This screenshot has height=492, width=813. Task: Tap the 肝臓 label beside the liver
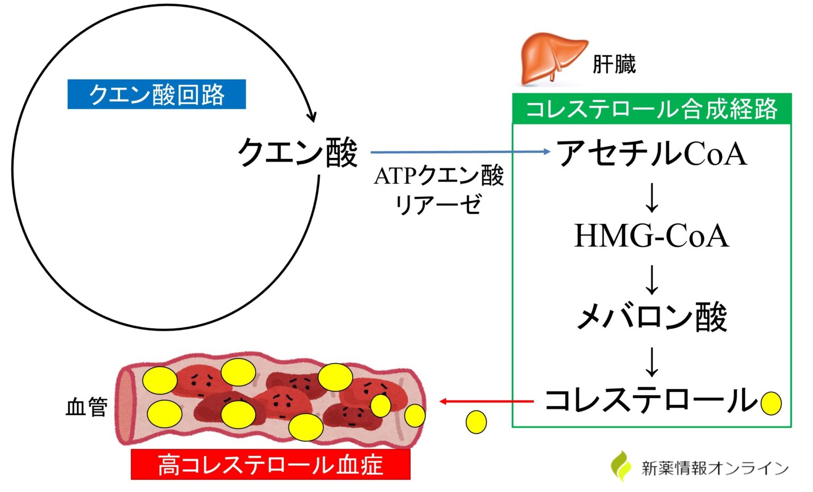(614, 65)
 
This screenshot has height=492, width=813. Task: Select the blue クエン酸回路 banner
(157, 94)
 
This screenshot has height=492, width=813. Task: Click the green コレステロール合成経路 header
(652, 109)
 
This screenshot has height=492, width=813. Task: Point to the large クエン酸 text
(297, 153)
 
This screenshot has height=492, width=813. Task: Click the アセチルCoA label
(652, 154)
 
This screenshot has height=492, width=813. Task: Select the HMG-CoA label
(652, 236)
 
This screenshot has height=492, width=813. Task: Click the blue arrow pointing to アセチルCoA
(460, 152)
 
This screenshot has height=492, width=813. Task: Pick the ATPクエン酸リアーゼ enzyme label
(439, 190)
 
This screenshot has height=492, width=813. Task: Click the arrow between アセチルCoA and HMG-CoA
(652, 198)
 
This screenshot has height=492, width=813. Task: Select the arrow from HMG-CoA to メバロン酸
(652, 280)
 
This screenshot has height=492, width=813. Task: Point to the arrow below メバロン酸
(652, 362)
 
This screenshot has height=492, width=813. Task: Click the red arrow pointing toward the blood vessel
(487, 401)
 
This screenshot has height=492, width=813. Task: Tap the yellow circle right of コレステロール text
(771, 404)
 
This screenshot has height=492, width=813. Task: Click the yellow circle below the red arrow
(476, 422)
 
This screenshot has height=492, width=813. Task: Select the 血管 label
(86, 407)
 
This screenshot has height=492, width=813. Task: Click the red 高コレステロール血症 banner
(270, 465)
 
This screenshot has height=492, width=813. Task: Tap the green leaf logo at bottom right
(621, 466)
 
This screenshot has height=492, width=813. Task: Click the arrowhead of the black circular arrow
(312, 117)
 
